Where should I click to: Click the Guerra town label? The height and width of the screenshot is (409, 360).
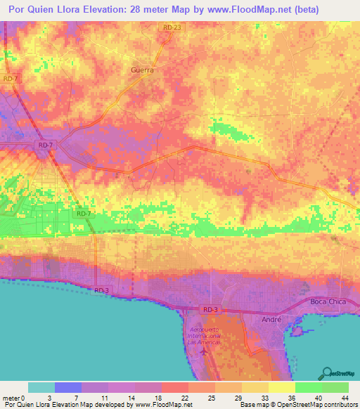pyautogui.click(x=143, y=70)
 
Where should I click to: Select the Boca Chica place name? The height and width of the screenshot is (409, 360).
pyautogui.click(x=328, y=302)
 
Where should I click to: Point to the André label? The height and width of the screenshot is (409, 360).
pyautogui.click(x=271, y=318)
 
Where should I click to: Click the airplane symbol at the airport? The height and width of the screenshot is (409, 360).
pyautogui.click(x=204, y=349)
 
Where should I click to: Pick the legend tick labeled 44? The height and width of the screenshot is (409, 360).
pyautogui.click(x=345, y=398)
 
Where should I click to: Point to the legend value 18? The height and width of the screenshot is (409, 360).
pyautogui.click(x=162, y=398)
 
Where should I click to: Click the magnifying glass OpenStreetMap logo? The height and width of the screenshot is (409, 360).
pyautogui.click(x=328, y=372)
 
